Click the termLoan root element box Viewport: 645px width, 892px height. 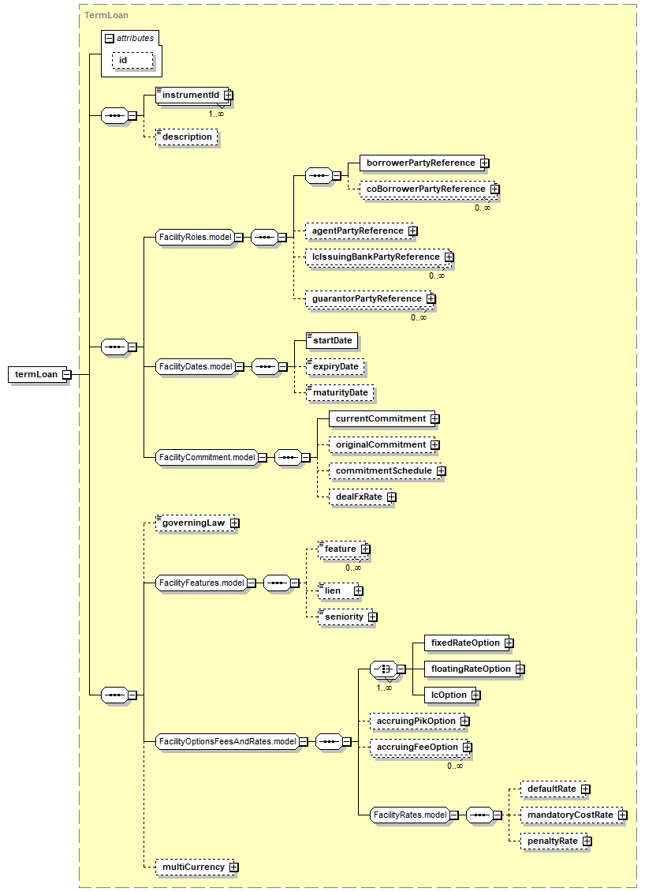pos(39,374)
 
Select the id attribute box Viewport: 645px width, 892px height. pos(132,60)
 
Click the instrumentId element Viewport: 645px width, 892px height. pos(194,95)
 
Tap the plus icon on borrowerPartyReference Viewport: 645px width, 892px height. pos(484,163)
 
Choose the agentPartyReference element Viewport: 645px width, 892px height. pos(361,231)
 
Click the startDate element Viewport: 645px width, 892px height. pos(332,341)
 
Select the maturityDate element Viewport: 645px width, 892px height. pos(340,392)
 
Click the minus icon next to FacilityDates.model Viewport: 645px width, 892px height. pos(239,367)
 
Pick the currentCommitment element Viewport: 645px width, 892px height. pos(384,418)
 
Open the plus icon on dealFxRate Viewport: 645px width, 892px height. pos(392,497)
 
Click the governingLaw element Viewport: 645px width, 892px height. pos(197,523)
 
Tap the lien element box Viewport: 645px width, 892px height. pos(341,590)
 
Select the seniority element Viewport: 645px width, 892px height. pos(347,617)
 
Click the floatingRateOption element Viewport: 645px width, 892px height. pos(475,669)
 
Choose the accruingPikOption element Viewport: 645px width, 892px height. pos(419,721)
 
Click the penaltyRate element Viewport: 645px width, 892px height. pos(556,841)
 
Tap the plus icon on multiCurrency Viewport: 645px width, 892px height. pos(234,868)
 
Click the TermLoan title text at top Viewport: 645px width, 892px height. pos(106,15)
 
